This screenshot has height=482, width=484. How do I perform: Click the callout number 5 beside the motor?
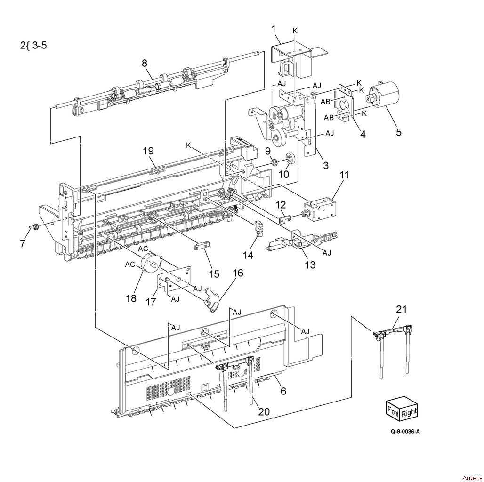399,132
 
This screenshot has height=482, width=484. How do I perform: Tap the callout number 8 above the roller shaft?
145,63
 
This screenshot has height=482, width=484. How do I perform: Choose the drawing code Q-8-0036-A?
405,431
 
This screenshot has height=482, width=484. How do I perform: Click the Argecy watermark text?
472,478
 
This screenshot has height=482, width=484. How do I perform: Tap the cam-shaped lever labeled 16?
212,299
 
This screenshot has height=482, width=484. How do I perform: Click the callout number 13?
310,265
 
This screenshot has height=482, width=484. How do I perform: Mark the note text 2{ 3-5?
33,46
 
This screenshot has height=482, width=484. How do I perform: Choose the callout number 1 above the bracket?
274,29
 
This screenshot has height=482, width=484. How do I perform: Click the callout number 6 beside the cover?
283,391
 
